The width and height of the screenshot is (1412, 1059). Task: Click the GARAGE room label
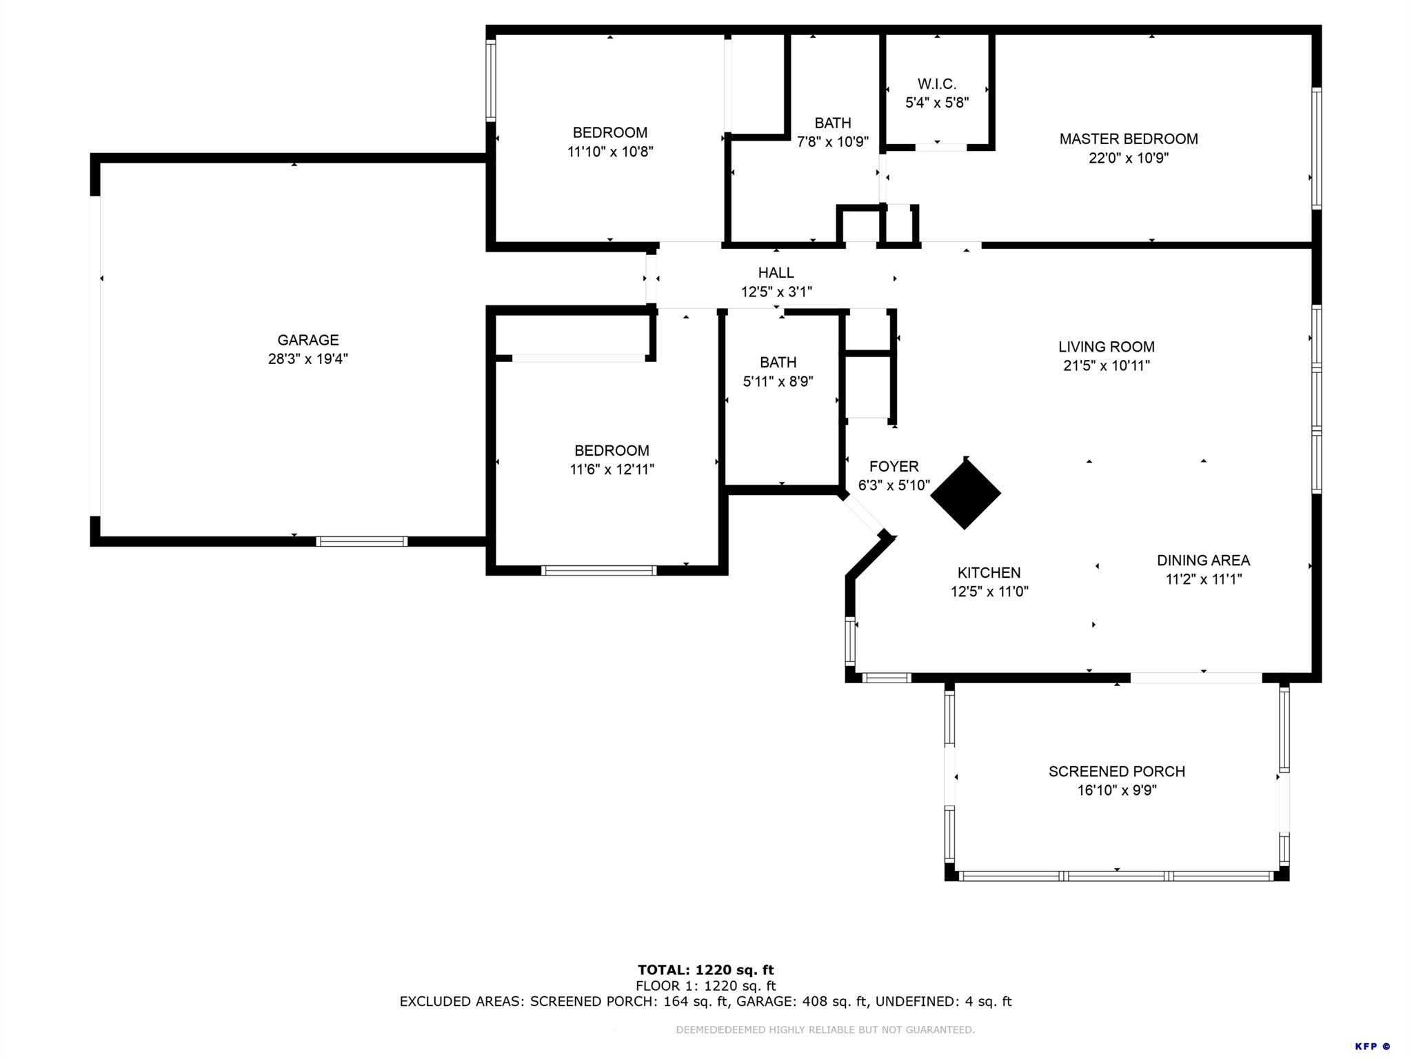pyautogui.click(x=307, y=340)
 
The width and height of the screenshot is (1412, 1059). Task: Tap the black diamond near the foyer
pyautogui.click(x=965, y=494)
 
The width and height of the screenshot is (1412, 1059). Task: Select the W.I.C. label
pyautogui.click(x=936, y=84)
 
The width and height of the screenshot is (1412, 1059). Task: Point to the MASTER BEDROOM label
pyautogui.click(x=1128, y=139)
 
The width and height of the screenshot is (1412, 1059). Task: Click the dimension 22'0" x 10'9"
pyautogui.click(x=1128, y=158)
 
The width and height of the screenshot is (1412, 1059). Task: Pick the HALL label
pyautogui.click(x=776, y=273)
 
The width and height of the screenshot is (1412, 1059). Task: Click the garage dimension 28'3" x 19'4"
pyautogui.click(x=307, y=359)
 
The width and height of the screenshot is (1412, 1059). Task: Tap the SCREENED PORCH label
pyautogui.click(x=1116, y=771)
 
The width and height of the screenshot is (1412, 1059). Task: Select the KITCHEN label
pyautogui.click(x=989, y=572)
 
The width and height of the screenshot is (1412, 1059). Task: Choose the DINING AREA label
pyautogui.click(x=1203, y=561)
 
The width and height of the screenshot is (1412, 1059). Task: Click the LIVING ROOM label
pyautogui.click(x=1106, y=347)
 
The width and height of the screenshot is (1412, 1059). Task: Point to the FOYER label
pyautogui.click(x=894, y=467)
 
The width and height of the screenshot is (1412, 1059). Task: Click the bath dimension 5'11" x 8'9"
pyautogui.click(x=778, y=381)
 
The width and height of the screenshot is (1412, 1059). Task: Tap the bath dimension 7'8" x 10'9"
pyautogui.click(x=832, y=142)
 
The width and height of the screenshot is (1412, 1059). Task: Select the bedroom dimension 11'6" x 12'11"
pyautogui.click(x=612, y=470)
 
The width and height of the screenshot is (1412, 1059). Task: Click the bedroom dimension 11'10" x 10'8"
pyautogui.click(x=609, y=152)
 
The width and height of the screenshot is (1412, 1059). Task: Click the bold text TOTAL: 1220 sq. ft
pyautogui.click(x=705, y=970)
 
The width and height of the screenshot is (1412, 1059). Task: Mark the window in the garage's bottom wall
pyautogui.click(x=361, y=541)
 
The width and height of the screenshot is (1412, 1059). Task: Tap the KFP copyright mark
pyautogui.click(x=1372, y=1047)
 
